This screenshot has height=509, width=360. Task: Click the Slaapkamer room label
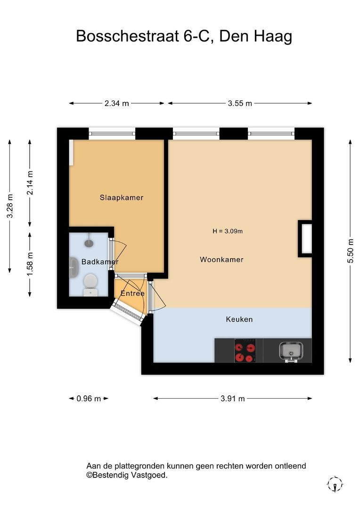[x=122, y=197]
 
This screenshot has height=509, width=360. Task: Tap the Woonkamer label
[x=222, y=259]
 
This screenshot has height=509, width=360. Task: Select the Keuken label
[x=239, y=319]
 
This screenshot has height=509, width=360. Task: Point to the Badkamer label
[x=100, y=262]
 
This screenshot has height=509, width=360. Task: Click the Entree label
[x=132, y=293]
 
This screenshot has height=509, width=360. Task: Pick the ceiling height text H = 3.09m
[x=228, y=231]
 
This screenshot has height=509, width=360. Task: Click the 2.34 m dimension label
[x=116, y=103]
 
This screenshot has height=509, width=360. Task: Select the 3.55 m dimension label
[x=240, y=103]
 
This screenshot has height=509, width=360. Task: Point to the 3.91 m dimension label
[x=233, y=398]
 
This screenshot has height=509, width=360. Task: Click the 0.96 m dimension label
[x=89, y=398]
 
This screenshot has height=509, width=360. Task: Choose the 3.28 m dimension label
[x=10, y=206]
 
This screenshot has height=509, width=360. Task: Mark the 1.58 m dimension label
[x=30, y=264]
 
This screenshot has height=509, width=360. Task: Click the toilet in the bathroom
[x=90, y=285]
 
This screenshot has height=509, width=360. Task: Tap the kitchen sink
[x=291, y=352]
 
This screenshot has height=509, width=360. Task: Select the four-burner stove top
[x=245, y=351]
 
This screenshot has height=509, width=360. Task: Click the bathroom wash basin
[x=74, y=268]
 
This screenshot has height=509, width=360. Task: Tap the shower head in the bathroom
[x=89, y=242]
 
